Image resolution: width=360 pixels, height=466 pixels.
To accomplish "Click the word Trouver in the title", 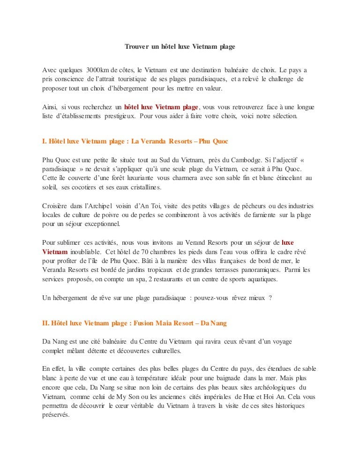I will point(136,47).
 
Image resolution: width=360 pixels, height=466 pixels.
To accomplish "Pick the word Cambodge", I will point(240,159).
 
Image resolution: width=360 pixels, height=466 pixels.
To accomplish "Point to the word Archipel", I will point(108,206).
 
